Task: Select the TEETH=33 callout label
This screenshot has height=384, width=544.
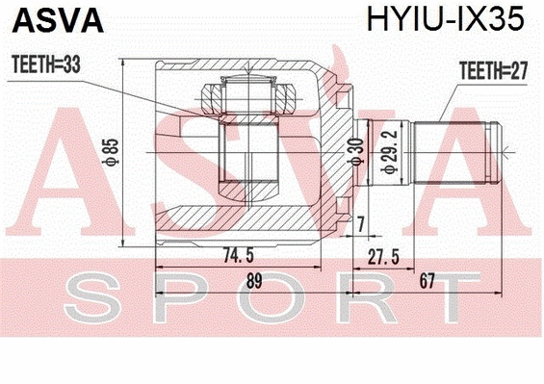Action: pos(45,64)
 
